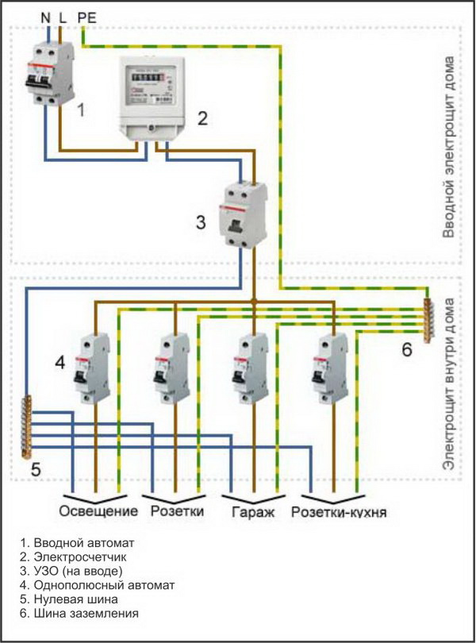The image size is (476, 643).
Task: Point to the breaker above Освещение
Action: [94, 368]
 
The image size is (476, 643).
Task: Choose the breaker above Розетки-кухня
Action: [332, 368]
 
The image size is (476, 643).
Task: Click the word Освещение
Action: [99, 510]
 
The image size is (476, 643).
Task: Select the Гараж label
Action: [251, 511]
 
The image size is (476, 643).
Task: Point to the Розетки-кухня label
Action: [339, 511]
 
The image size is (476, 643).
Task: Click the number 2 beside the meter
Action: [202, 119]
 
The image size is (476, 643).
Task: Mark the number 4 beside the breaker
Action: [59, 364]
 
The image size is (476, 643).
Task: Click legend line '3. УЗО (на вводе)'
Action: [72, 571]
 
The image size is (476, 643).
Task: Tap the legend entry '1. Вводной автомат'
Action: [78, 542]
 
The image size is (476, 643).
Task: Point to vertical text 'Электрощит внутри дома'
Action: [449, 384]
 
